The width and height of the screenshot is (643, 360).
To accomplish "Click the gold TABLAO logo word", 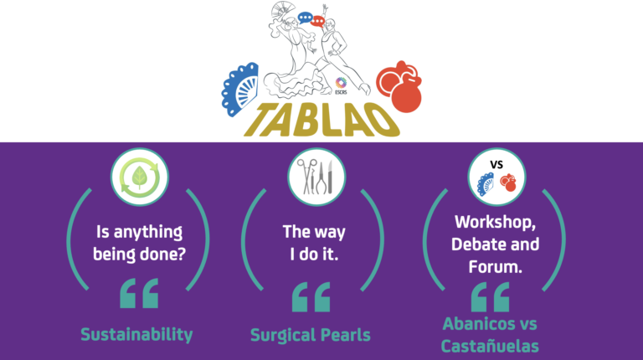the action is pyautogui.click(x=321, y=120).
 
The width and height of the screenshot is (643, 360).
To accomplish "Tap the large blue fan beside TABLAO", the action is pyautogui.click(x=241, y=90).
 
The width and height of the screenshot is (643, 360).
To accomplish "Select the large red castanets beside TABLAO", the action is pyautogui.click(x=399, y=86).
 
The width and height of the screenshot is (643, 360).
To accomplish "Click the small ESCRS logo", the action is pyautogui.click(x=341, y=86).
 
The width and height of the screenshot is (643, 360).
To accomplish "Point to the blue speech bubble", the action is pyautogui.click(x=305, y=18).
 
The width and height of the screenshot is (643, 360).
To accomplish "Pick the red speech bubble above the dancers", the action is pyautogui.click(x=317, y=20).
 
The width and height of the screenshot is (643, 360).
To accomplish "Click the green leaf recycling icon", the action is pyautogui.click(x=140, y=177).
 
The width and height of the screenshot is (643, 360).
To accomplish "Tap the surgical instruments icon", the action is pyautogui.click(x=316, y=177).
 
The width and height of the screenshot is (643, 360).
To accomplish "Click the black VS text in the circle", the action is pyautogui.click(x=496, y=165).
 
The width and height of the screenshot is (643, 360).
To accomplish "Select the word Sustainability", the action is pyautogui.click(x=136, y=335).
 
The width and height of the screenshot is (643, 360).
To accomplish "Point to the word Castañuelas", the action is pyautogui.click(x=490, y=346).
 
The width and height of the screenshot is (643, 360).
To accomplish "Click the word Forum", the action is pyautogui.click(x=495, y=267).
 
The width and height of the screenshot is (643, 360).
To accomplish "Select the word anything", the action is pyautogui.click(x=148, y=233).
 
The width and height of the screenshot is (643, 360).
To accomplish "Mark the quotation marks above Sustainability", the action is pyautogui.click(x=139, y=293).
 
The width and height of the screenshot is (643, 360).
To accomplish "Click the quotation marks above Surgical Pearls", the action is pyautogui.click(x=311, y=297).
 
